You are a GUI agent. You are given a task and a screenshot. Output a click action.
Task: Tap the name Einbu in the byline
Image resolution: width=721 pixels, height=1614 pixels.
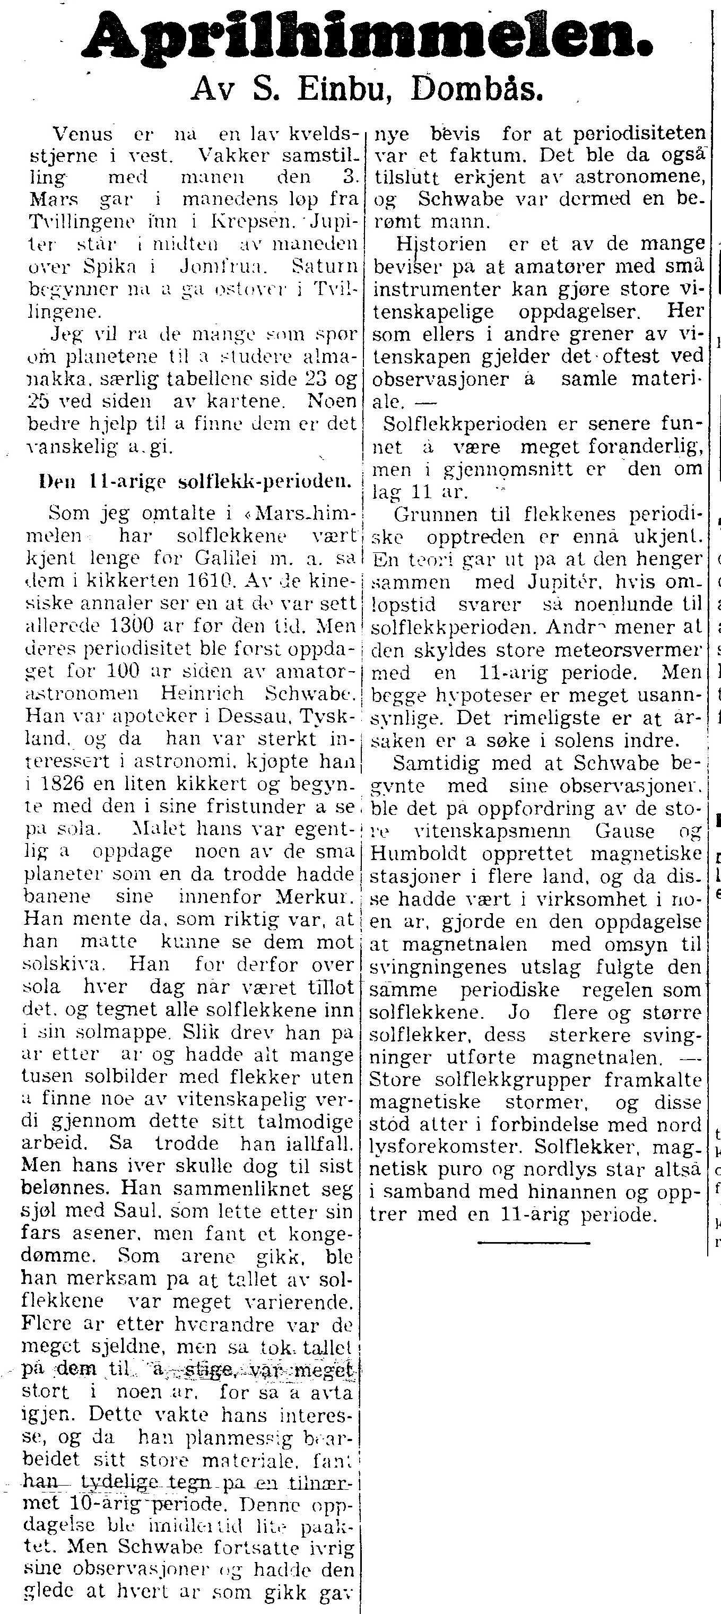tap(348, 91)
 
